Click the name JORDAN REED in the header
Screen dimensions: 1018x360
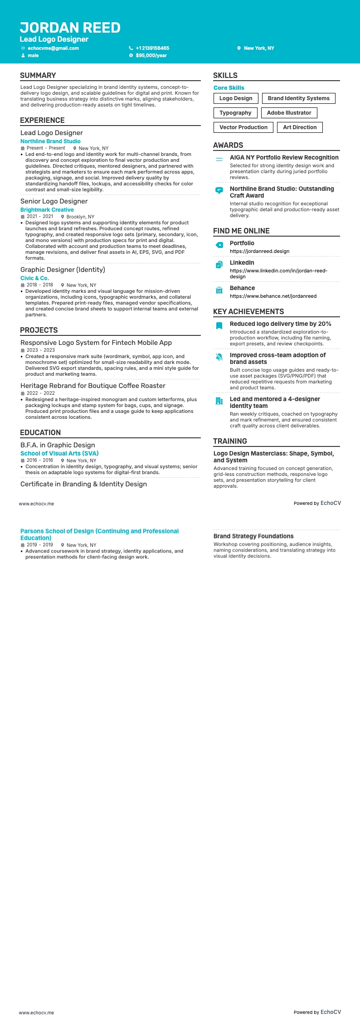pos(70,28)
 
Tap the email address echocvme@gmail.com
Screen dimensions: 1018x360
pos(53,48)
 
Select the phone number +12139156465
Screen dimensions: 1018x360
pos(152,48)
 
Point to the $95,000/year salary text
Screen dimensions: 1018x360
pos(151,55)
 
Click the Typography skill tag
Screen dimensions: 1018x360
pos(235,113)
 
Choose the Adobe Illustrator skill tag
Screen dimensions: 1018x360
pos(289,113)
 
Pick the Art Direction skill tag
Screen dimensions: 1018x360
pos(300,127)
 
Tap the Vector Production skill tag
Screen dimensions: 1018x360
pos(243,127)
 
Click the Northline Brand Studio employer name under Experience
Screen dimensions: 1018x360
pos(50,141)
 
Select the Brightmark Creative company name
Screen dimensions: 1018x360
pos(47,210)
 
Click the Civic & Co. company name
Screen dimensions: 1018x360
pos(34,278)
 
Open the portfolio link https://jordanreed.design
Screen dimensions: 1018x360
pos(259,251)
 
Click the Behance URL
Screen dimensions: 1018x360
pos(273,296)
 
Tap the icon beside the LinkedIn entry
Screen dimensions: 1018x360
pos(219,265)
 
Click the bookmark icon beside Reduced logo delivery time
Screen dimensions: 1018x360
pos(219,326)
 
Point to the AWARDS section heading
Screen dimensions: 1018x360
pos(228,145)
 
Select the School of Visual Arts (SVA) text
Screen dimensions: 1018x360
pos(59,453)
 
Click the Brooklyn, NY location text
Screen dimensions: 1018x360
pos(80,217)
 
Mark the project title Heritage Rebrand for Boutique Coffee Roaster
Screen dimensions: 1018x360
pos(93,386)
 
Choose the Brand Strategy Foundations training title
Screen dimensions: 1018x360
pos(253,536)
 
